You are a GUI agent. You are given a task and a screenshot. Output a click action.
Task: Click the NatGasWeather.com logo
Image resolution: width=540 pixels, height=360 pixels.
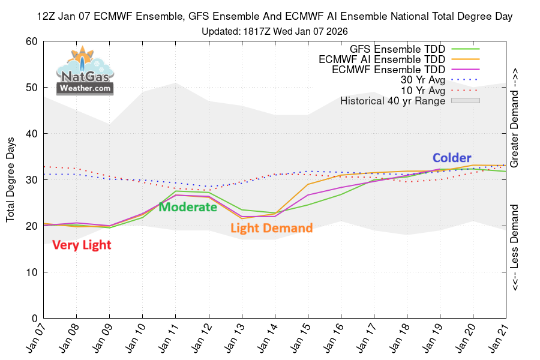(85, 71)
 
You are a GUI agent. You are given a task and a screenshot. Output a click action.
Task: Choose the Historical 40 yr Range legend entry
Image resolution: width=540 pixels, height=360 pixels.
(410, 101)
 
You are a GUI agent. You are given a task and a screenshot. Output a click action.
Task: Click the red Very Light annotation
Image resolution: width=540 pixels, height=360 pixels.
(82, 245)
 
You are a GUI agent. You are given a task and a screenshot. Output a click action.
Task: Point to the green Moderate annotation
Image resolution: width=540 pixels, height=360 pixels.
(188, 206)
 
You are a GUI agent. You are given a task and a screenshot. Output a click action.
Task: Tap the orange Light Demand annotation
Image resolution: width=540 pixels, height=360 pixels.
(271, 228)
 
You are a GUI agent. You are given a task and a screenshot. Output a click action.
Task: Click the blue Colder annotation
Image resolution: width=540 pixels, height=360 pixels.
(452, 158)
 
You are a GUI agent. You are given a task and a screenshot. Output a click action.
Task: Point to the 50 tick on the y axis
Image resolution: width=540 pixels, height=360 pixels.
(32, 88)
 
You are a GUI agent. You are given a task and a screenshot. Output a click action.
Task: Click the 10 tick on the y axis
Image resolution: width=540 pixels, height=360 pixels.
(32, 272)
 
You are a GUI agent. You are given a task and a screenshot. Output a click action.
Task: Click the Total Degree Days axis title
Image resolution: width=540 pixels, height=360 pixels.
(10, 179)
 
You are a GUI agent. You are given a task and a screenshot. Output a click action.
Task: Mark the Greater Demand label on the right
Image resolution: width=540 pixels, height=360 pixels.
(514, 118)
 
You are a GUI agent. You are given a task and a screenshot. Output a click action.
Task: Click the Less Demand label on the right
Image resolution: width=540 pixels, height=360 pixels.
(514, 247)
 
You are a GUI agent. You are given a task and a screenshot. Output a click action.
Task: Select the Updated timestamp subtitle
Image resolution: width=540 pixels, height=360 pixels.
(274, 31)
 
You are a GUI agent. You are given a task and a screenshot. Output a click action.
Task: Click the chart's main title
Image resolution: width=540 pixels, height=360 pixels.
(274, 16)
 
